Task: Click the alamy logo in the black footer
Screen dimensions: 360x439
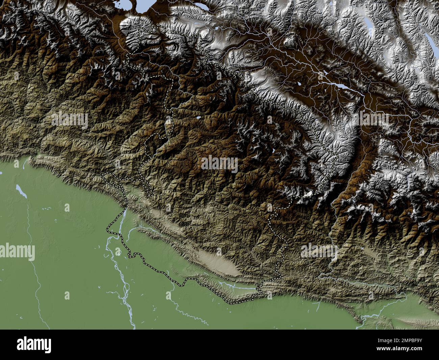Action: point(34,344)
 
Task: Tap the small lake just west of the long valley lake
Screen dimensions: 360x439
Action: point(299,83)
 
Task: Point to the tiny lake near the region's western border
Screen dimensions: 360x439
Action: point(199,118)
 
